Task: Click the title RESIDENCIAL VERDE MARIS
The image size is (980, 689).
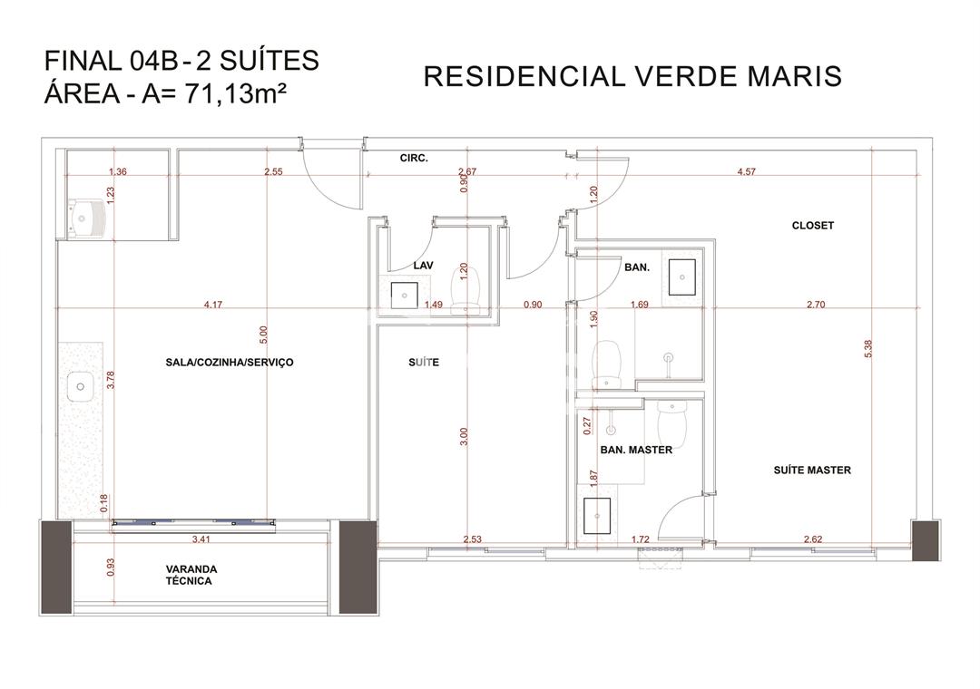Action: pos(632,77)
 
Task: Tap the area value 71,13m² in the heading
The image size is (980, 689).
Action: pos(236,93)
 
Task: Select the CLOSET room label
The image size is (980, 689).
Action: pos(812,226)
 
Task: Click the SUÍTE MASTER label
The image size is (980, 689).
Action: pos(812,471)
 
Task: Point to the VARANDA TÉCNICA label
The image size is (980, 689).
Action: pos(191,576)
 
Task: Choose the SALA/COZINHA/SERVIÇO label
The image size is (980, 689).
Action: pos(230,363)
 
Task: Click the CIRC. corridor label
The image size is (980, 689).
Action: pos(414,159)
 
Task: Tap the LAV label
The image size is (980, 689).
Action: pos(423,266)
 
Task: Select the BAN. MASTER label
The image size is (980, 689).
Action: pos(636,450)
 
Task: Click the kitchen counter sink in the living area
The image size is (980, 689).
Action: pos(80,387)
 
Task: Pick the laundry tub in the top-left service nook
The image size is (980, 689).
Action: pos(84,218)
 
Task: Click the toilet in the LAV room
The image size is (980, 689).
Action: pos(465,289)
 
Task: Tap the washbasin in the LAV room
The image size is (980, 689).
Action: pos(405,296)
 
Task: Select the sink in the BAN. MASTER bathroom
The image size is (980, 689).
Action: pos(597,516)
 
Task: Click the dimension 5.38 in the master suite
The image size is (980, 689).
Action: pos(867,349)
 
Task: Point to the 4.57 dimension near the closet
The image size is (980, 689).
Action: pos(746,171)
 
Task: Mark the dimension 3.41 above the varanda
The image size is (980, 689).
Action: pos(201,539)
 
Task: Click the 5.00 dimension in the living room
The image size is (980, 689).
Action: pos(263,335)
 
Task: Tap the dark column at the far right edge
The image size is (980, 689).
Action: pos(925,539)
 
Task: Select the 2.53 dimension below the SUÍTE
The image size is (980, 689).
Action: pos(473,539)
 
